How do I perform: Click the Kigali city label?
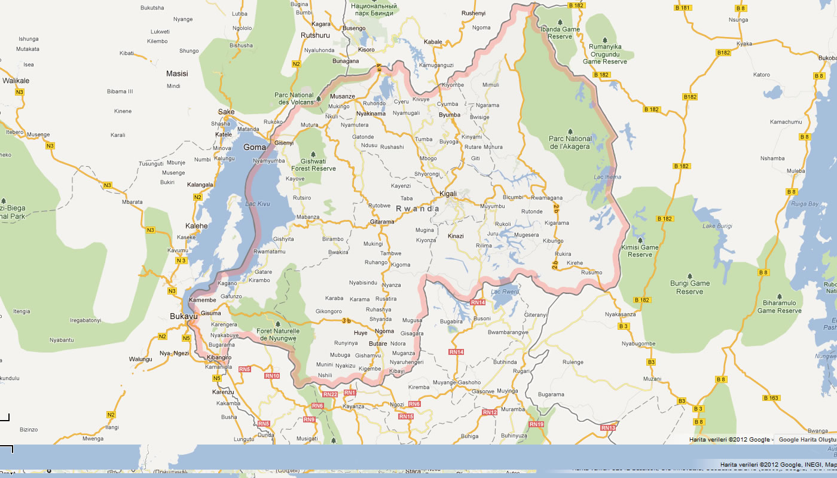448,194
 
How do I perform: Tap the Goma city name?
255,147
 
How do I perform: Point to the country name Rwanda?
418,209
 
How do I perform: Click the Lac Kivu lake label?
258,204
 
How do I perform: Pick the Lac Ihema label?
607,177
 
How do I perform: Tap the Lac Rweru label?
505,292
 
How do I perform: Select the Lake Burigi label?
717,226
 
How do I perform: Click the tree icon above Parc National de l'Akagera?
570,131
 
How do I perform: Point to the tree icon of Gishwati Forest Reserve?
313,154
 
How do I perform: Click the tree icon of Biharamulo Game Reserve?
780,296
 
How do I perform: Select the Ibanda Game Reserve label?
560,33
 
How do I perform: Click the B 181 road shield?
682,8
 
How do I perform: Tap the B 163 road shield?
771,398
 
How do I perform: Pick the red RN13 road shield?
608,428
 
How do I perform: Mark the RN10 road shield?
272,376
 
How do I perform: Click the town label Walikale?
16,80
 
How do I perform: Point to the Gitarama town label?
382,222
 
